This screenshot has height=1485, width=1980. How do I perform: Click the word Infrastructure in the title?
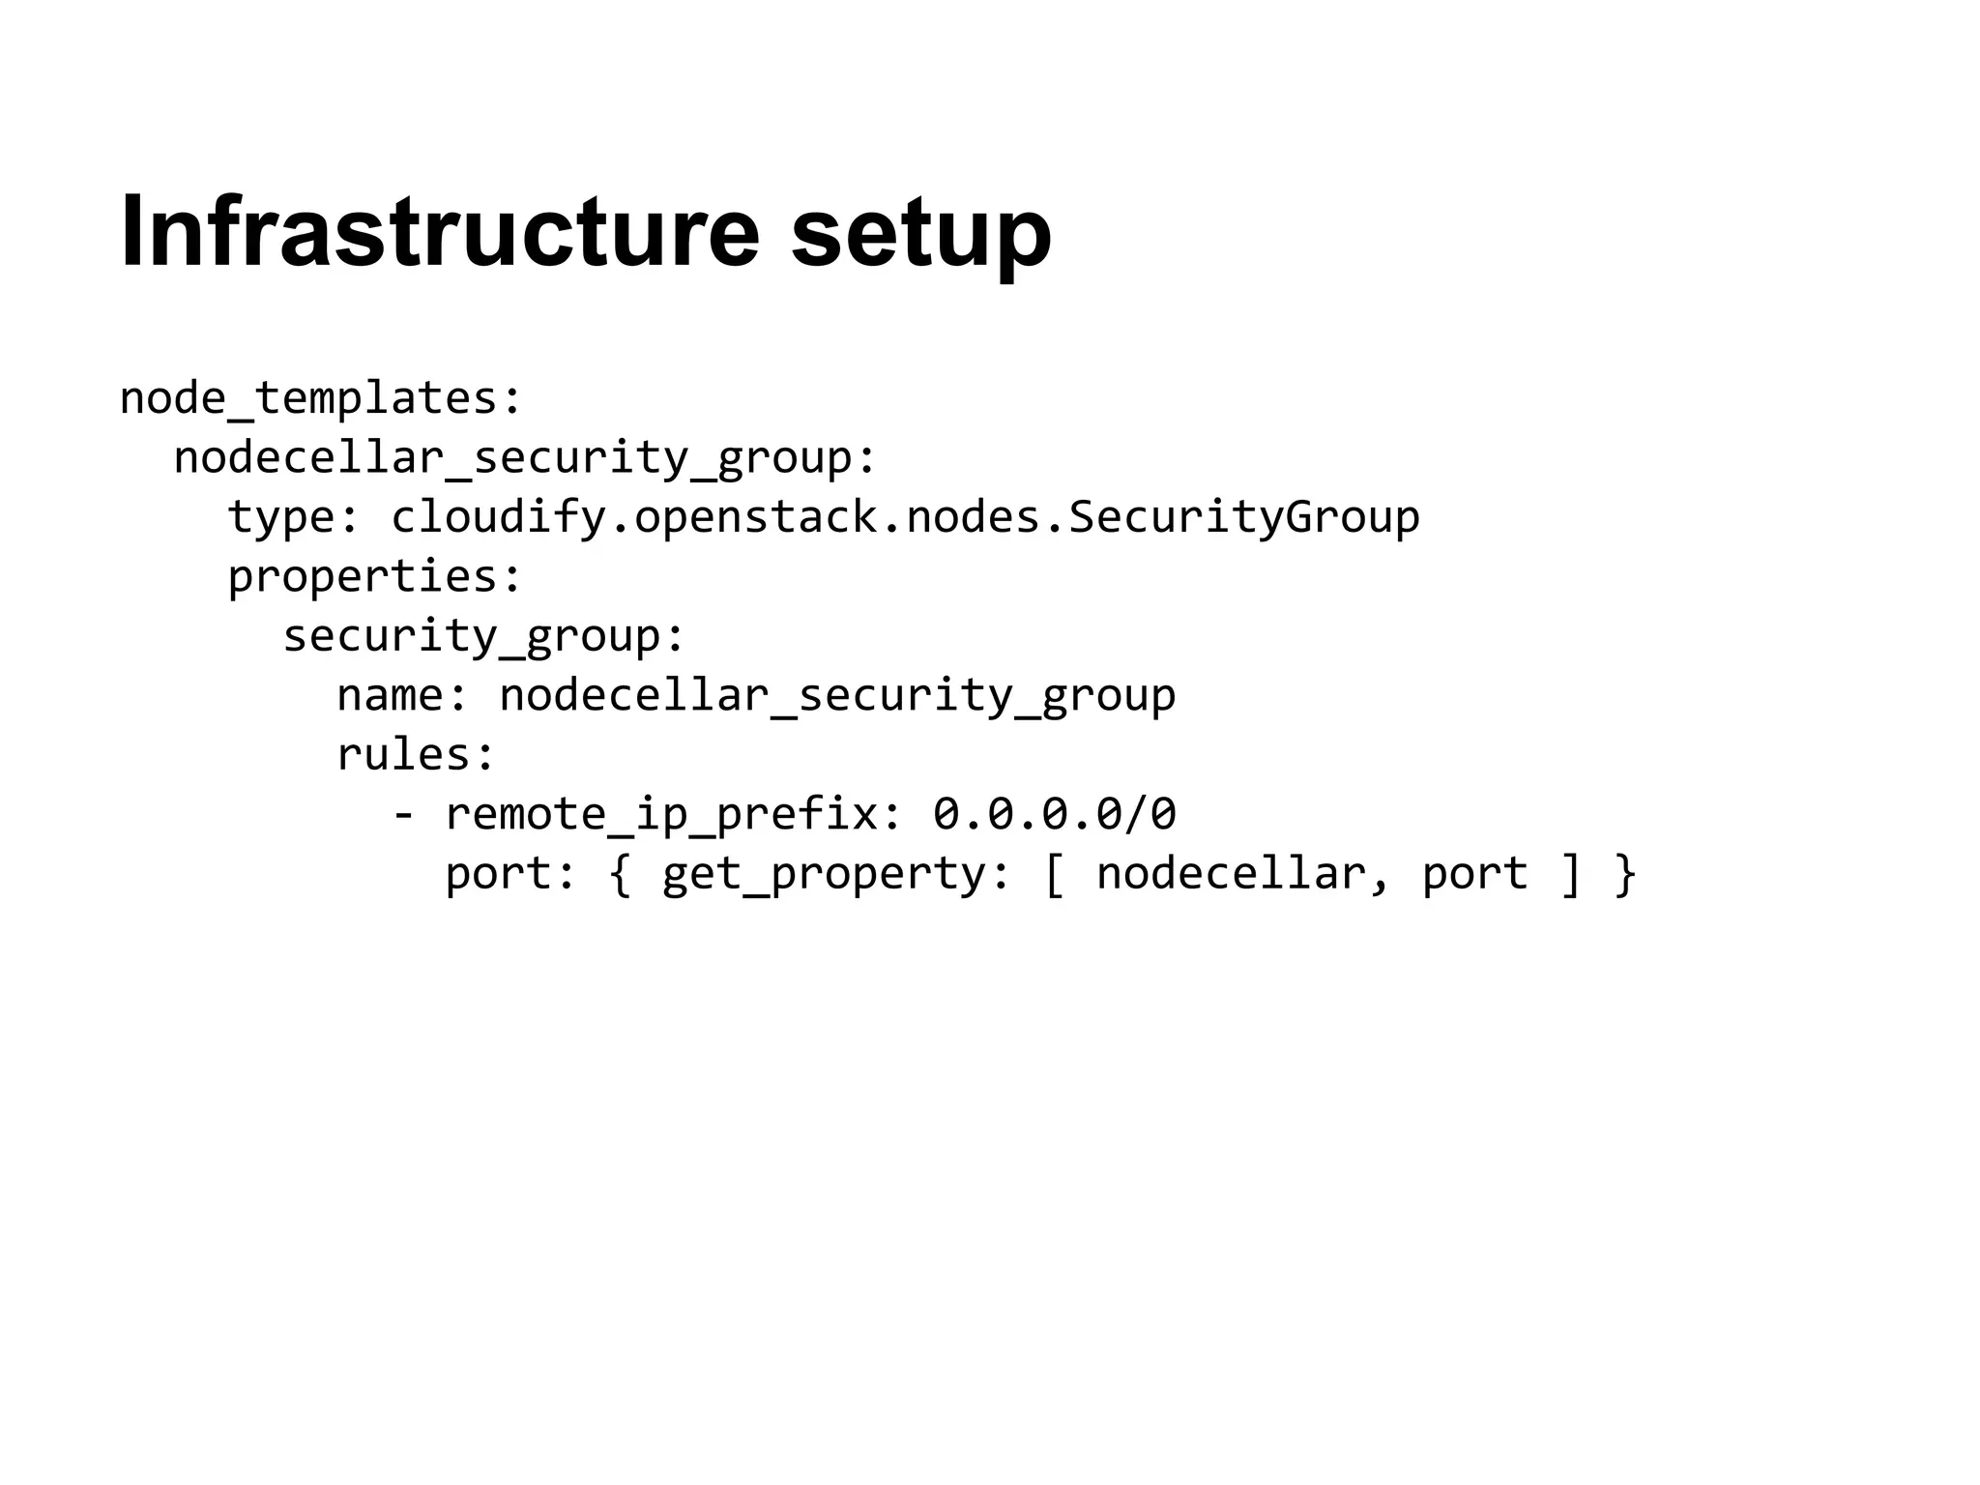click(x=440, y=232)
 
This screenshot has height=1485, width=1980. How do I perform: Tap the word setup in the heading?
click(x=920, y=237)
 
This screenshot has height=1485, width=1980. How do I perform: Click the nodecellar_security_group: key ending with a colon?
click(x=525, y=458)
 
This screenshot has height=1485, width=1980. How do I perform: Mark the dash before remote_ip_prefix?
click(x=403, y=815)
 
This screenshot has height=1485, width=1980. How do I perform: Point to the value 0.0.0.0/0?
click(x=1055, y=815)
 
